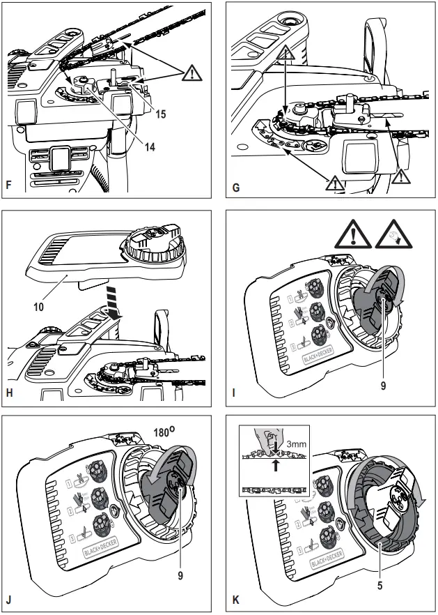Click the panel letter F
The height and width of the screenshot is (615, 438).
9,187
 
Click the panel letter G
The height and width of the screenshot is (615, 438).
235,187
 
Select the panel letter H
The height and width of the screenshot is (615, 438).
9,393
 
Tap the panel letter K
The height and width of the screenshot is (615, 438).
235,598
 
